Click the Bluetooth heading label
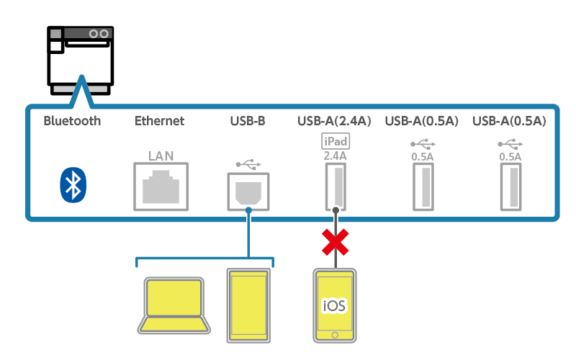click(72, 121)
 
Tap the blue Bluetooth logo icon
click(72, 184)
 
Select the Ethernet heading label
click(159, 121)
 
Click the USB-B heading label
click(248, 121)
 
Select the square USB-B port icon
click(248, 191)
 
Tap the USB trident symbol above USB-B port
click(248, 163)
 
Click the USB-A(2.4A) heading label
click(334, 121)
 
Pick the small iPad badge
click(334, 141)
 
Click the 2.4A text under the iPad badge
click(335, 155)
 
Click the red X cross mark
click(335, 242)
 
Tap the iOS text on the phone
click(334, 306)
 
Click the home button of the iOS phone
click(334, 336)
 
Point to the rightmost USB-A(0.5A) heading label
click(509, 121)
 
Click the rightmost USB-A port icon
click(510, 186)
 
